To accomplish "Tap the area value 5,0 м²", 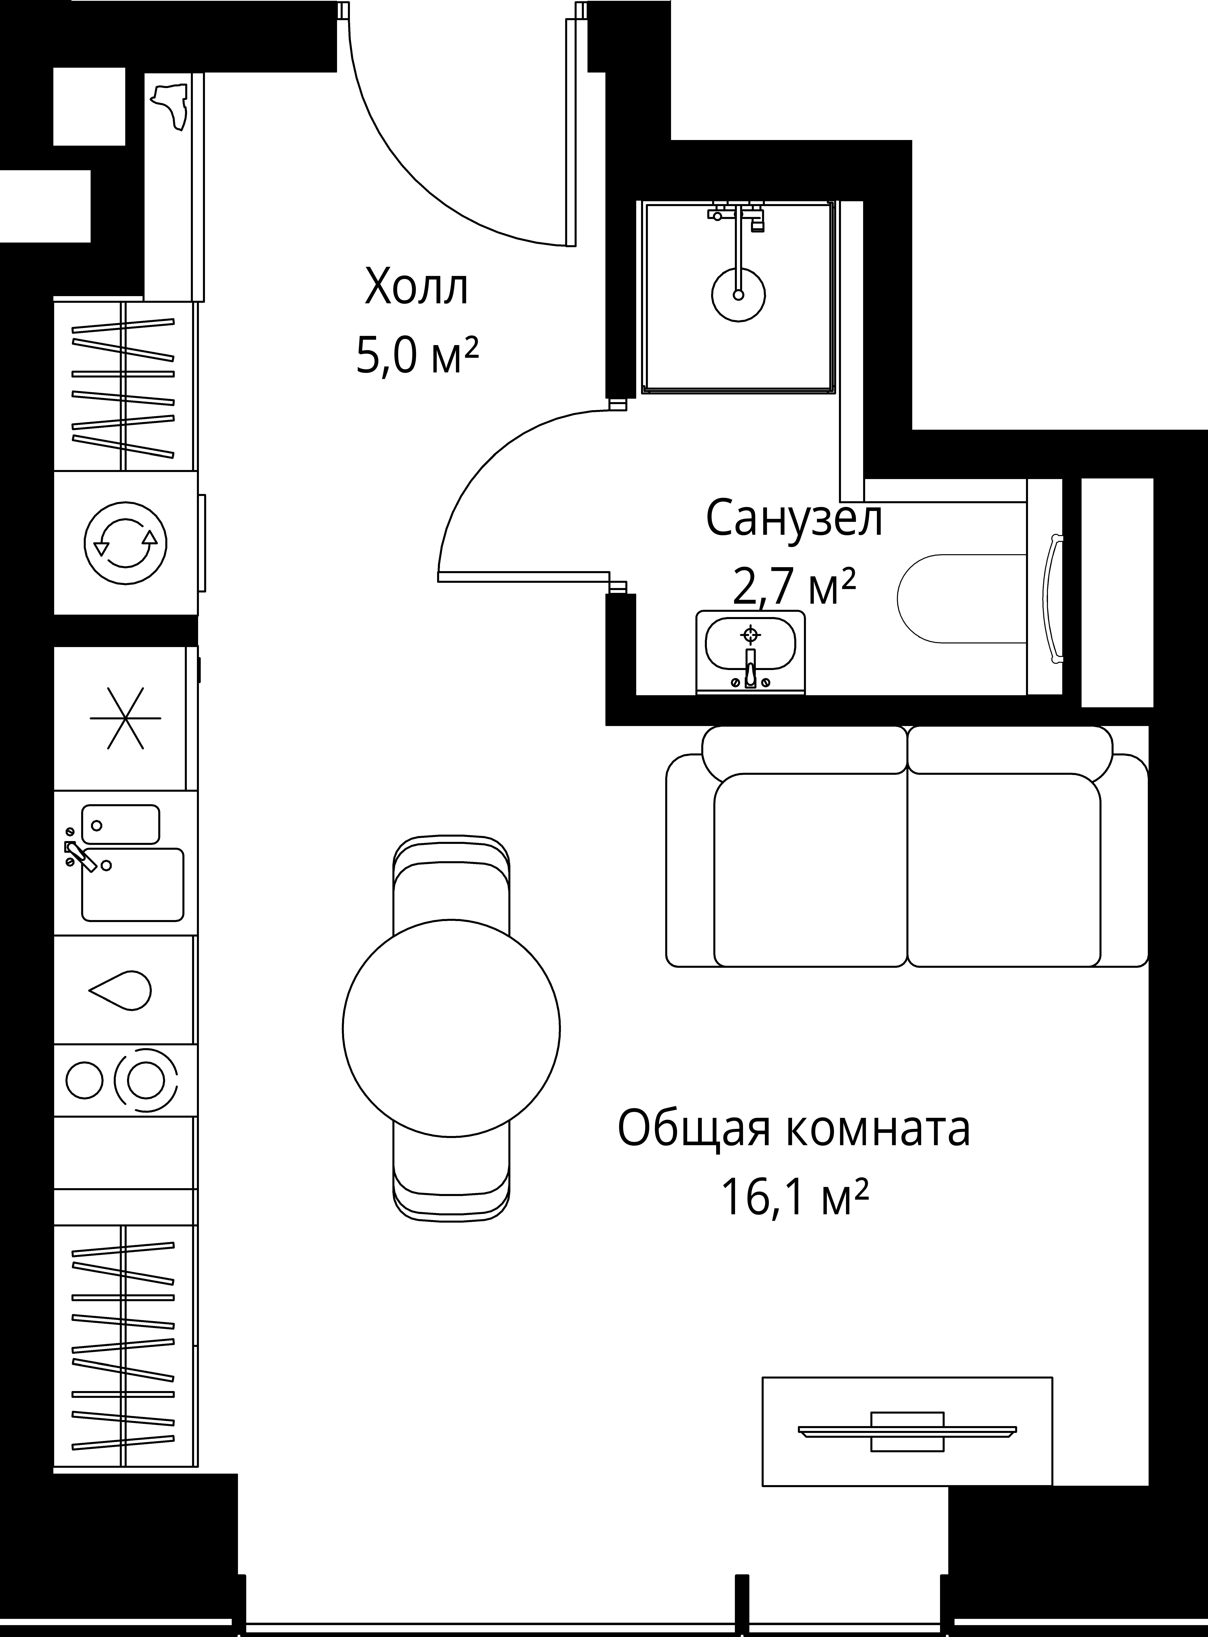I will pos(417,356).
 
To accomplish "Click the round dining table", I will pos(451,1028).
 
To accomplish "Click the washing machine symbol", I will pos(126,544).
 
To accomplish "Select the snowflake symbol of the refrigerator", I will pos(126,718).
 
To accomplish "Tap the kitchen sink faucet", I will pos(81,856).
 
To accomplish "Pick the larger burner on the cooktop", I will pos(145,1079).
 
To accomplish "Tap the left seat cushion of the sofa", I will pos(810,870).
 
